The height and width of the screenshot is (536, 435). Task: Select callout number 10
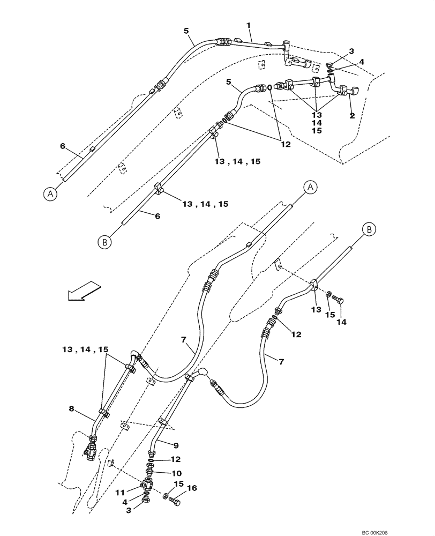[x=176, y=473]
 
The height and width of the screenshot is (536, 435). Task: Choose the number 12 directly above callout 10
[x=176, y=459]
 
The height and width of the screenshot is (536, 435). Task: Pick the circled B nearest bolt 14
[x=369, y=229]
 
